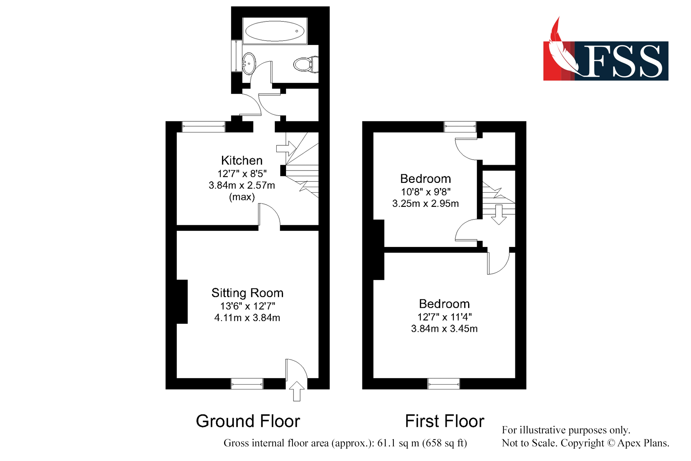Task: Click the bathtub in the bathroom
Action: pos(275,31)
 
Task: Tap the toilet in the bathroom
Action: pos(306,64)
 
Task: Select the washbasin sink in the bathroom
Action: pos(249,64)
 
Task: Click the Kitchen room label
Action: pos(242,160)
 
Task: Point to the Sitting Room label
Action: pos(247,293)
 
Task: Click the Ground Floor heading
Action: pos(248,421)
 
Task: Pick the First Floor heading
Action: pos(445,421)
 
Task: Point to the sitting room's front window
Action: pos(247,384)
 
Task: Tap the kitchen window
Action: pos(203,127)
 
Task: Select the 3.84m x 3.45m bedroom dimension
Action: pos(444,329)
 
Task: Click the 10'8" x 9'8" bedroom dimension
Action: pos(426,192)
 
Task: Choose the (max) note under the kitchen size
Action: pos(242,197)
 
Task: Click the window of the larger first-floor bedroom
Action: pos(444,384)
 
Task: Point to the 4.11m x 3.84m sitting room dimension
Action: pos(247,318)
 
